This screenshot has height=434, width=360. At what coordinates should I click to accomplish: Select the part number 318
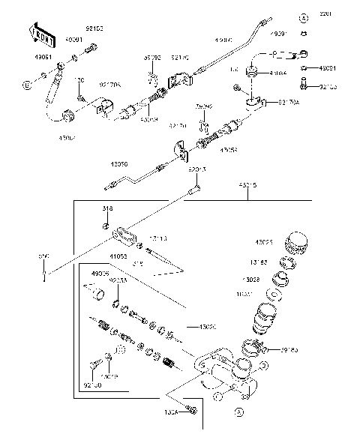(108, 209)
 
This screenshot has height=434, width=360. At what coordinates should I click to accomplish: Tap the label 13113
(157, 238)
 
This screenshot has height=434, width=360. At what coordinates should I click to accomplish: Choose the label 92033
(118, 280)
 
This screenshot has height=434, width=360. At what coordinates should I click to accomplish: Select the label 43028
(250, 279)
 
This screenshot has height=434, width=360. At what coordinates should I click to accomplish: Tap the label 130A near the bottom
(170, 412)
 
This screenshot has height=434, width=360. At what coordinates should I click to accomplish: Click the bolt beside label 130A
(192, 410)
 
